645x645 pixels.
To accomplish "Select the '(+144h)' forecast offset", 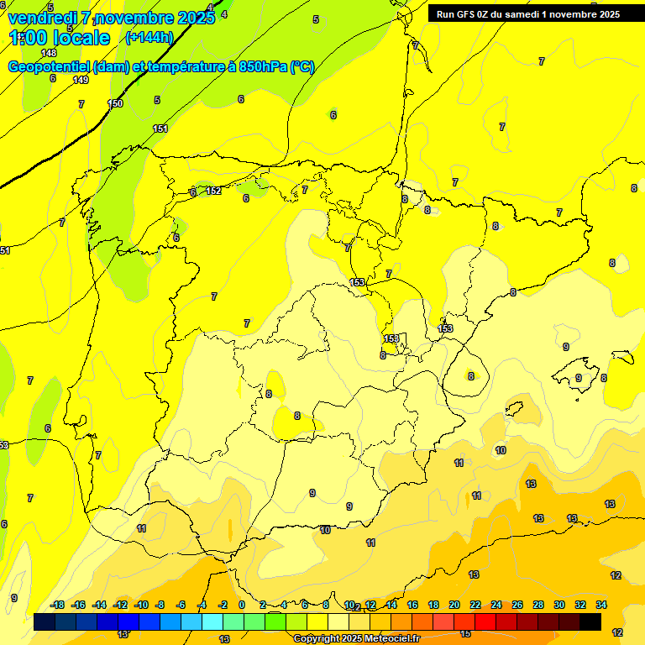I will tap(149, 37).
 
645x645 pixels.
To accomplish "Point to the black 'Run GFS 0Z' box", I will tap(528, 13).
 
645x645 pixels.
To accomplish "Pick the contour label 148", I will tap(49, 53).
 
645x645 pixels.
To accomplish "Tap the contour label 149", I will tap(81, 80).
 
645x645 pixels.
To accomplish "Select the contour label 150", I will tap(115, 103).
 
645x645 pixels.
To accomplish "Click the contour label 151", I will tap(160, 128).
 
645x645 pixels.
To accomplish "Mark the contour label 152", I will tap(213, 191).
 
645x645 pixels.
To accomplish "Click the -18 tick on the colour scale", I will tap(58, 605).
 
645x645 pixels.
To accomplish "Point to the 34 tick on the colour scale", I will tap(601, 605).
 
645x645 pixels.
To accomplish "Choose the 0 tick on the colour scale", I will tap(242, 605).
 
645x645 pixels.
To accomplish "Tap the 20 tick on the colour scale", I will tap(454, 605).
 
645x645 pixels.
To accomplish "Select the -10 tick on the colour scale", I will tap(141, 605).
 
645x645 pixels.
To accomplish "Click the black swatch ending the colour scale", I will tap(590, 622).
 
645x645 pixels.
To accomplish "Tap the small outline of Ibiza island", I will tap(512, 409).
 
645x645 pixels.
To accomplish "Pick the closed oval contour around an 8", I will tap(467, 375).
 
